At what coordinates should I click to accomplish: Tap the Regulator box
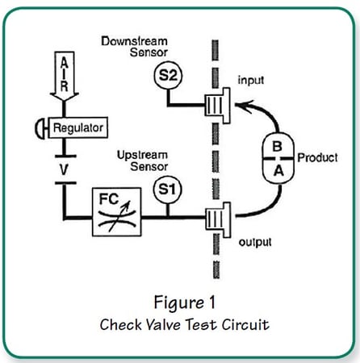pos(75,127)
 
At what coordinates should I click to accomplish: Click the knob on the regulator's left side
pos(39,127)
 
